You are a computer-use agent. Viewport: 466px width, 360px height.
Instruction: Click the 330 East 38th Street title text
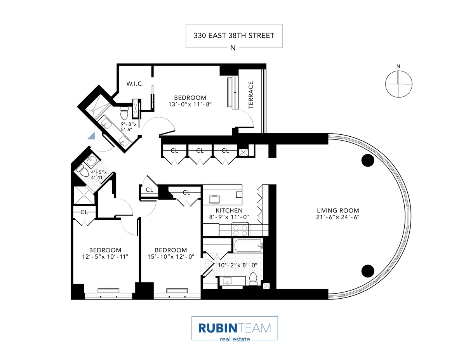click(x=234, y=36)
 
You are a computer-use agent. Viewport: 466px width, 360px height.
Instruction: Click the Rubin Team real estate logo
click(x=235, y=329)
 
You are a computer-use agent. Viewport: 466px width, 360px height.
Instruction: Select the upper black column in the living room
click(x=367, y=160)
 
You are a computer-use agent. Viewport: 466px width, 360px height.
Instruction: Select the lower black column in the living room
click(x=367, y=270)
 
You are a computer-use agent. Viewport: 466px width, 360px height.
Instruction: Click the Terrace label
click(x=251, y=94)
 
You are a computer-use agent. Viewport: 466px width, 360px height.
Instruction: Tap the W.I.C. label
click(x=135, y=83)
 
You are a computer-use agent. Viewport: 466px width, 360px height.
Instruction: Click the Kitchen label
click(x=229, y=210)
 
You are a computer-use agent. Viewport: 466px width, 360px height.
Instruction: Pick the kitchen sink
click(x=214, y=200)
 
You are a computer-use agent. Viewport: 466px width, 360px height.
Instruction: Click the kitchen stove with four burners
click(x=240, y=230)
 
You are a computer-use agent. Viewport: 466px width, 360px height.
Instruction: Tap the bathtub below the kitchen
click(x=249, y=245)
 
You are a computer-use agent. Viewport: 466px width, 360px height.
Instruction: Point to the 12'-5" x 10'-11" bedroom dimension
click(x=105, y=257)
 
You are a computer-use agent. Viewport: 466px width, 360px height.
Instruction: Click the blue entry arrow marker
click(x=92, y=136)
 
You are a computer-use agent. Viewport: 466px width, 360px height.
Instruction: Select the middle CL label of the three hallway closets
click(x=200, y=151)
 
